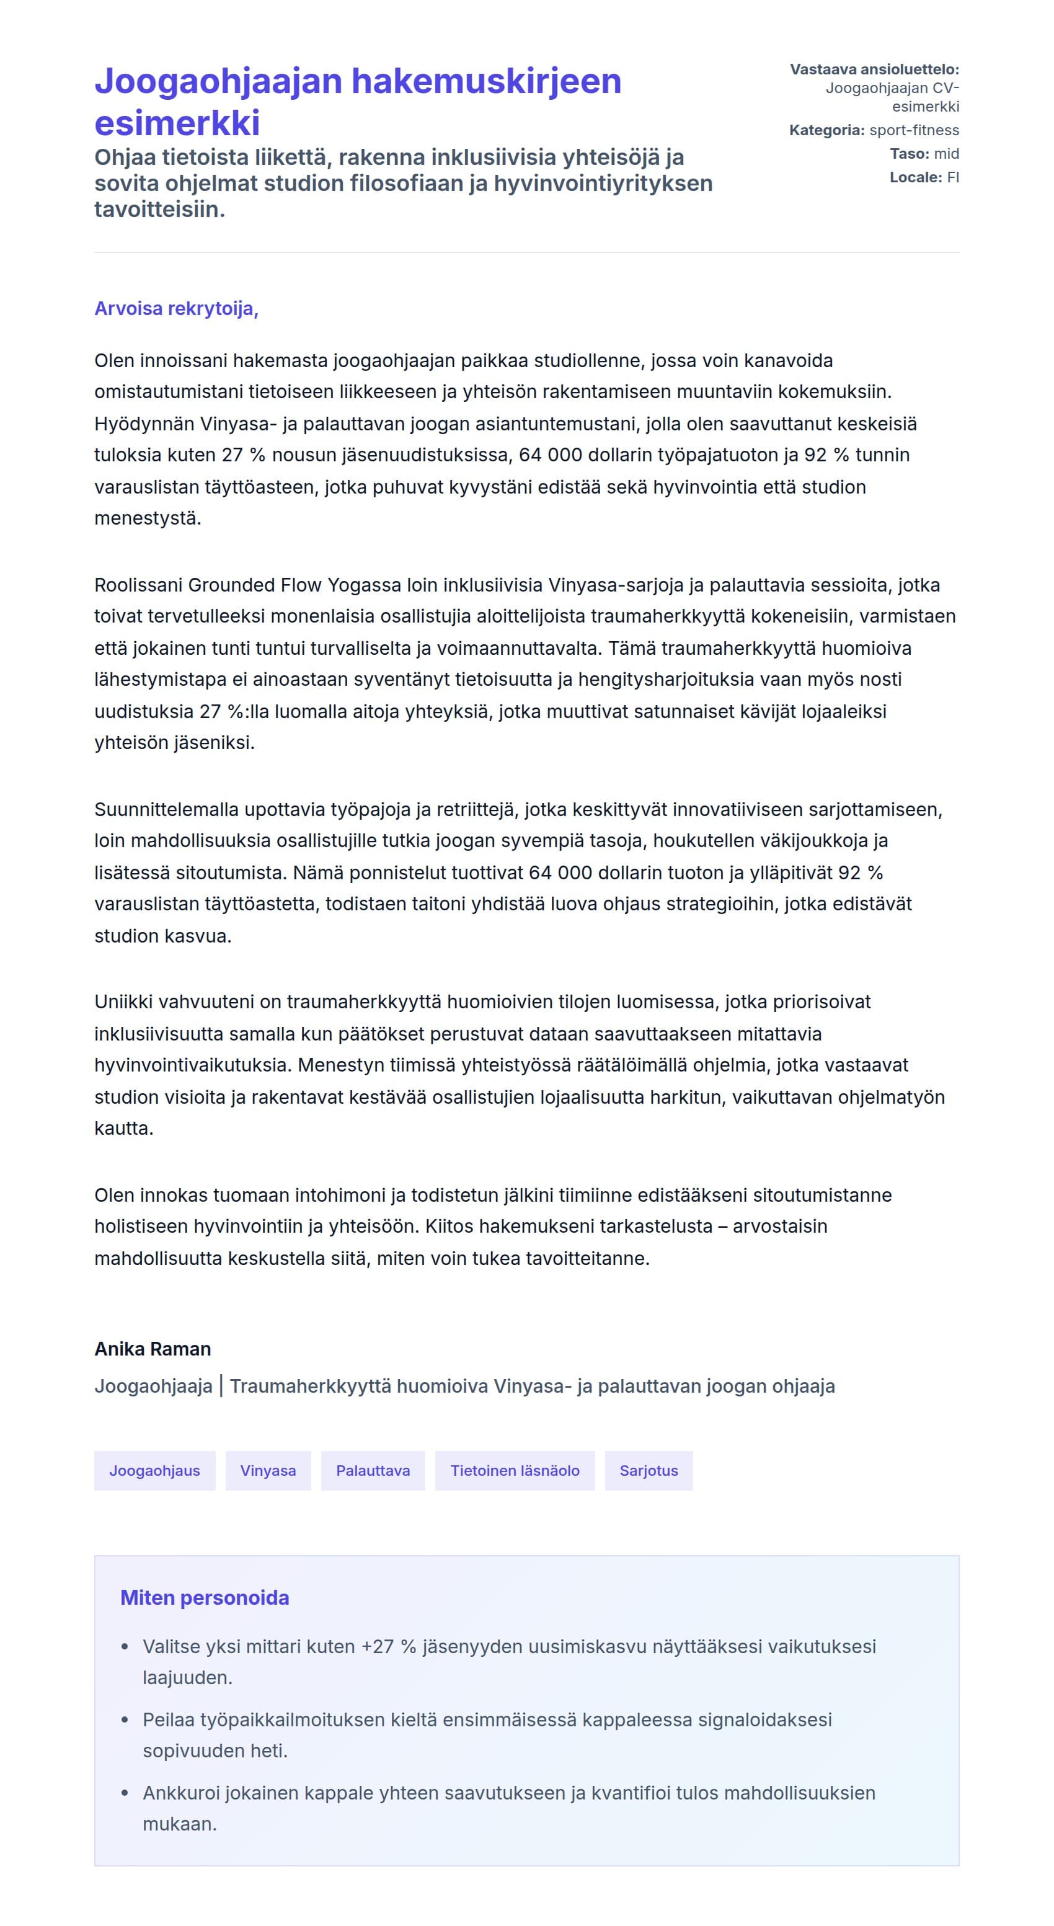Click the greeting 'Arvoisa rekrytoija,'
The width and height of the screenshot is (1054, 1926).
[177, 309]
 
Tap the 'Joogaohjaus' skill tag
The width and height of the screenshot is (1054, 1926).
[155, 1471]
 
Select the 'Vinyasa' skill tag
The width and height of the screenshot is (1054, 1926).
[268, 1471]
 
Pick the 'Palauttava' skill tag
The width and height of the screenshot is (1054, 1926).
[373, 1471]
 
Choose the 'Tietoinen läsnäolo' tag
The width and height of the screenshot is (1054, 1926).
[515, 1471]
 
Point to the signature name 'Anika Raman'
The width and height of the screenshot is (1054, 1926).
[153, 1349]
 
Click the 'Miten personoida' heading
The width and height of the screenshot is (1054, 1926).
[205, 1598]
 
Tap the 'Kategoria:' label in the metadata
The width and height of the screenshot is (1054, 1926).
[826, 130]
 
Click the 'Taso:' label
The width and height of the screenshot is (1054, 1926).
[909, 154]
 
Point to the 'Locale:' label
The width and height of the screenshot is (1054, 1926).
[916, 177]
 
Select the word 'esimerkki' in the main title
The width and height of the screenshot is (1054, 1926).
[177, 123]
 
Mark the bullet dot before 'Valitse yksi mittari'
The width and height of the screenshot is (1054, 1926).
[125, 1647]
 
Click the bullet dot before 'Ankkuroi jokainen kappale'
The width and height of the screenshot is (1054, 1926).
[125, 1794]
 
